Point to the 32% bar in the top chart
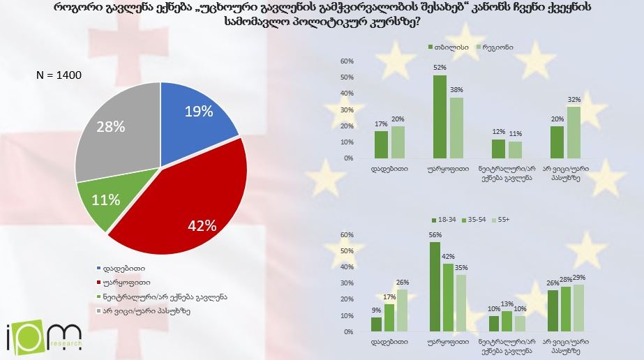click(x=574, y=133)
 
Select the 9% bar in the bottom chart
click(x=376, y=324)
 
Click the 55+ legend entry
click(x=503, y=218)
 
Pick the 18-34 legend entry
click(x=440, y=218)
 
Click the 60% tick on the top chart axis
click(x=347, y=61)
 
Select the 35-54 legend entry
click(x=474, y=218)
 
